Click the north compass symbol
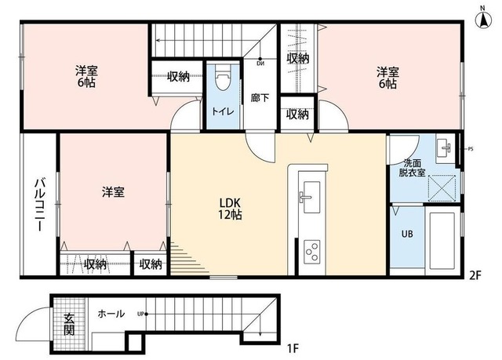coord(483,20)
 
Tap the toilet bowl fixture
coord(223,78)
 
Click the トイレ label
coord(223,111)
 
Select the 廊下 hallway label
coord(260,97)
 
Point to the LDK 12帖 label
coord(230,209)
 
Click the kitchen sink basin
coord(311,197)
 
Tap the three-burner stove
coord(312,252)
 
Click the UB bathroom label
coord(407,234)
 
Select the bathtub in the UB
coord(442,241)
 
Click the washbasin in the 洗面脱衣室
coord(445,148)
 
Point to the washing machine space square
coord(442,188)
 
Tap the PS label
coord(471,149)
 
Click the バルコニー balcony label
coord(40,205)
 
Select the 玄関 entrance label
coord(69,324)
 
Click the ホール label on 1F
coord(111,314)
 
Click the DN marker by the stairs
coord(260,64)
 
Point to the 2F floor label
coord(475,275)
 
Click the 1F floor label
coord(293,347)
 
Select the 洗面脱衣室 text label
coord(412,168)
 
